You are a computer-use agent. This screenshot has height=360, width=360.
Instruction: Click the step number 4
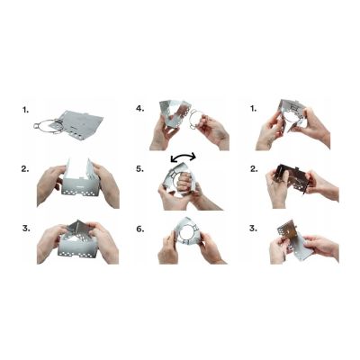[139, 109]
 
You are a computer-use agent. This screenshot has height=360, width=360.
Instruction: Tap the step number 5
[139, 167]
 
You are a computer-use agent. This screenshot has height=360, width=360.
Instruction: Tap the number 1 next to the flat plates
[24, 110]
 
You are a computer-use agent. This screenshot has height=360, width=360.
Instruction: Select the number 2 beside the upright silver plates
[24, 167]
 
